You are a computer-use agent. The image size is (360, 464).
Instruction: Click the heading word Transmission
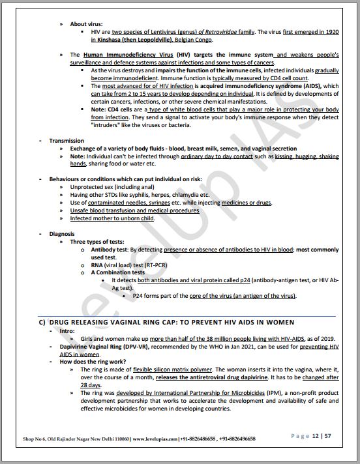click(67, 140)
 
